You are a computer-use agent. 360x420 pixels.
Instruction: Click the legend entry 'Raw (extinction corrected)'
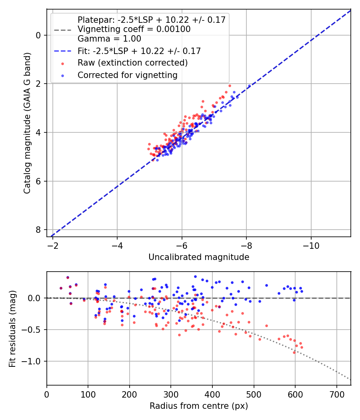tap(132, 63)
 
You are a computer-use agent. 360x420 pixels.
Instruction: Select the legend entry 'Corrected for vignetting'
tap(127, 75)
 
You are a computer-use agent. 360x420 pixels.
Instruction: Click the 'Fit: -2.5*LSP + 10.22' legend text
tap(139, 51)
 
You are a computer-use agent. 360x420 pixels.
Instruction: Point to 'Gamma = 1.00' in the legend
tap(109, 39)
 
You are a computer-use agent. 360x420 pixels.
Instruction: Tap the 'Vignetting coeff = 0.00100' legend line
tap(134, 29)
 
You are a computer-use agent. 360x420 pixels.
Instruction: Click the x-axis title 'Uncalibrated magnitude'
tap(199, 257)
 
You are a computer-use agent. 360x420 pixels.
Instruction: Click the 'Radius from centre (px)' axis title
tap(199, 406)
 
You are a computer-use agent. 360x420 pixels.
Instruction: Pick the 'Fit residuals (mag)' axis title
tap(12, 329)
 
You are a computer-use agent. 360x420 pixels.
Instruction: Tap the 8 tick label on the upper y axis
tap(38, 230)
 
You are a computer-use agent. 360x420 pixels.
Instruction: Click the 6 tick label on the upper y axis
tap(38, 181)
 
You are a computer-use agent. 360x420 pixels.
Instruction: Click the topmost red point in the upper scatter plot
tap(230, 86)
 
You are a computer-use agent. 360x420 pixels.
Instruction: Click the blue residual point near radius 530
tap(266, 286)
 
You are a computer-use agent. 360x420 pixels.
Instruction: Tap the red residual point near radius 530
tap(266, 326)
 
